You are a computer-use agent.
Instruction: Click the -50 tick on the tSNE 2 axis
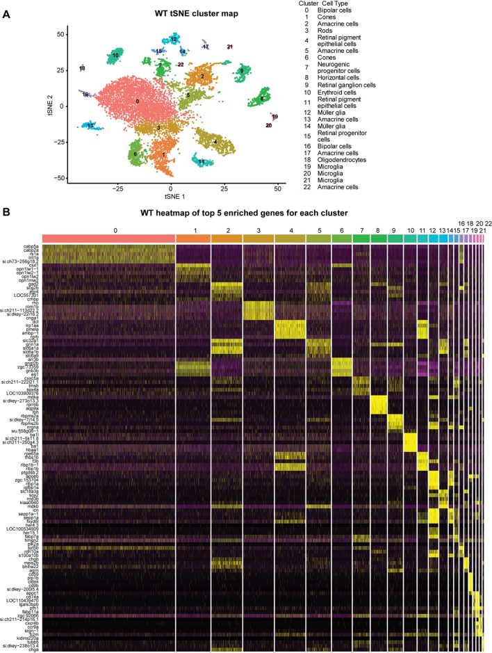point(61,178)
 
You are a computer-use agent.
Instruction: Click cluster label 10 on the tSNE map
point(115,54)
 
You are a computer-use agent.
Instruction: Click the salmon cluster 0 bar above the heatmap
point(108,239)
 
